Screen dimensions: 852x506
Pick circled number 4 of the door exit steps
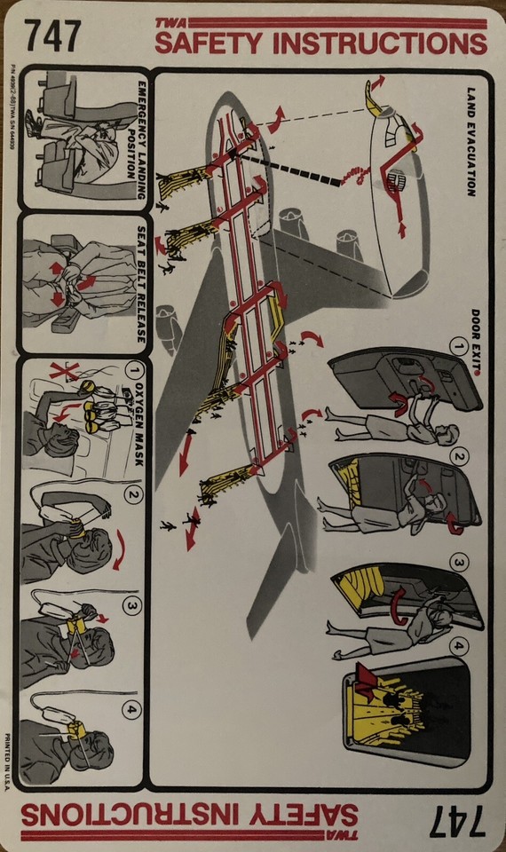tap(460, 646)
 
